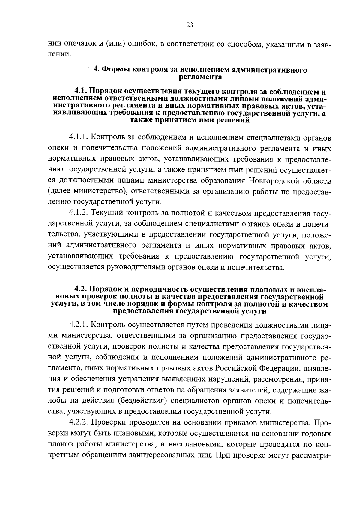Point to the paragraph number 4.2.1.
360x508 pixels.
pos(78,325)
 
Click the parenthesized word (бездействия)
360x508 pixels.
pos(142,401)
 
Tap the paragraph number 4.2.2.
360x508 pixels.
pos(78,422)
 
